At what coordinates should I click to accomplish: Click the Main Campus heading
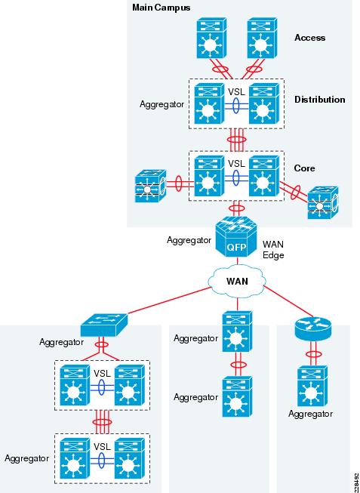[161, 8]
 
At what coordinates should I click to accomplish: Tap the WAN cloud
[237, 281]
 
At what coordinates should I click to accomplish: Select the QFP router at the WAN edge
[236, 239]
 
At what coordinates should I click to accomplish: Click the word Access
[309, 38]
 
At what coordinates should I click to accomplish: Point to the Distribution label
[320, 100]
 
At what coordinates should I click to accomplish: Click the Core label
[304, 168]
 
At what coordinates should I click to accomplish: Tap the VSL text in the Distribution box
[236, 92]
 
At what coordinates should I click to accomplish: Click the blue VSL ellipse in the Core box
[236, 177]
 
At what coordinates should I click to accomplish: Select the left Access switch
[211, 38]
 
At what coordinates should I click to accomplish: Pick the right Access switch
[262, 38]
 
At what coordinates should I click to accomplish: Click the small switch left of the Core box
[150, 186]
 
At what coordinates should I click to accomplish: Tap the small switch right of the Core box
[323, 202]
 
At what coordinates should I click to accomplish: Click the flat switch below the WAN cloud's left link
[104, 325]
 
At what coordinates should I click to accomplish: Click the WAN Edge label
[273, 250]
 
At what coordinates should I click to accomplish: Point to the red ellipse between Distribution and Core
[236, 140]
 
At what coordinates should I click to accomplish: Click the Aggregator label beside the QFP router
[189, 240]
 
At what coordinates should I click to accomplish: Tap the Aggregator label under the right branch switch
[310, 414]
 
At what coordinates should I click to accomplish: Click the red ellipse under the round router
[313, 354]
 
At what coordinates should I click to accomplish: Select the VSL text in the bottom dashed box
[102, 447]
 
